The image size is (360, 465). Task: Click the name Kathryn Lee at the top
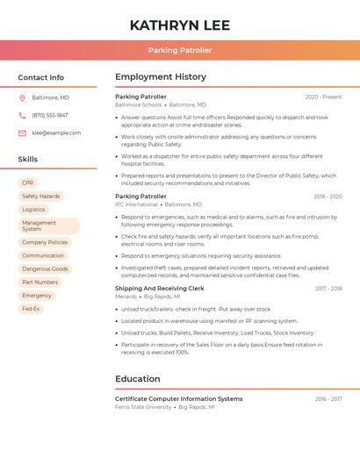click(x=179, y=24)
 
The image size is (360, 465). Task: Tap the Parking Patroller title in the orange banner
click(x=179, y=50)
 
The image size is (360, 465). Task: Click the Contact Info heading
click(x=40, y=77)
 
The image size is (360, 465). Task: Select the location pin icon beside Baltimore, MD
click(x=22, y=97)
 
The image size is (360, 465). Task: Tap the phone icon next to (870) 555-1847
click(x=22, y=115)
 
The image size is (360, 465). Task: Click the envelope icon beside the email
click(x=22, y=132)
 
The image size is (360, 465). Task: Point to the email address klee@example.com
click(x=56, y=132)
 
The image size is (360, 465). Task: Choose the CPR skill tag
click(x=28, y=182)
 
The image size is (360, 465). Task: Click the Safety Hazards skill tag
click(x=40, y=197)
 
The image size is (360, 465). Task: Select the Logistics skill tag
click(x=33, y=210)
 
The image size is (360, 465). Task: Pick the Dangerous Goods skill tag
click(x=45, y=268)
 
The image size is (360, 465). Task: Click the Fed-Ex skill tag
click(x=31, y=309)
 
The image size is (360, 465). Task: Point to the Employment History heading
click(x=161, y=77)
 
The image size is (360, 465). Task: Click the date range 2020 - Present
click(x=323, y=97)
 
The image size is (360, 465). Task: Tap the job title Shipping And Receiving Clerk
click(x=159, y=288)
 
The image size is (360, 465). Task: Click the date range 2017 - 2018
click(x=328, y=288)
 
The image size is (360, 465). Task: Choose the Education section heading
click(x=137, y=379)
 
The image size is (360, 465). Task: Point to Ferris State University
click(x=143, y=407)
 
